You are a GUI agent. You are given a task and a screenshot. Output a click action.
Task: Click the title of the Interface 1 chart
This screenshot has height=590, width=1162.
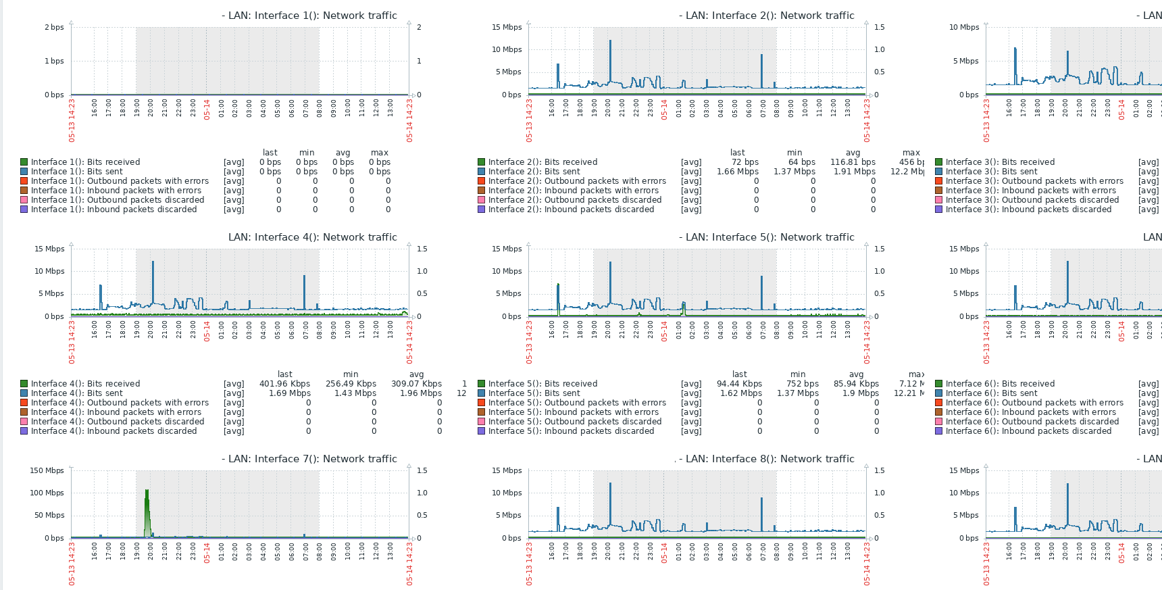312,16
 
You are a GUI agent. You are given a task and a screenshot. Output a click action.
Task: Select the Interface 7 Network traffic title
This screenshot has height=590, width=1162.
312,459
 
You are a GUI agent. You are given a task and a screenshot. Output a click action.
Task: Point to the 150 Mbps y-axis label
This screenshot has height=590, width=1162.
47,470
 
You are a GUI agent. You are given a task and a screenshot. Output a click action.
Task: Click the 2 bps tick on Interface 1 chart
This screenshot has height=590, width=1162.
54,27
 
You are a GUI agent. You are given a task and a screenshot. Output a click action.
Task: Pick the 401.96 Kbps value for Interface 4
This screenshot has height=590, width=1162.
284,384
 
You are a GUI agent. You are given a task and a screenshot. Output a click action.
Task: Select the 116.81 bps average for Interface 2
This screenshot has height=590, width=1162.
853,162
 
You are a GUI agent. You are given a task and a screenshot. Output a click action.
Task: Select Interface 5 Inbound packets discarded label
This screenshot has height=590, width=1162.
571,431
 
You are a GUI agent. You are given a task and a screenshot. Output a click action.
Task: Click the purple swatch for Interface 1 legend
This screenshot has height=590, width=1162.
24,210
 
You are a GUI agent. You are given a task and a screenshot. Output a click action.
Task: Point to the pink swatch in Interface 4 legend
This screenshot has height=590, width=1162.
24,422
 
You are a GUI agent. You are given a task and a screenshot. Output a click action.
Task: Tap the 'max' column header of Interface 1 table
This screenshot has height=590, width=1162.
380,153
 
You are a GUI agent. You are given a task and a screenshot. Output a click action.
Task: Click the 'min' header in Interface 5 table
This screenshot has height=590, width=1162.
798,374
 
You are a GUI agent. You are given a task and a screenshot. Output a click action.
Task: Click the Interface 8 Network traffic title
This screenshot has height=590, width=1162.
769,459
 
